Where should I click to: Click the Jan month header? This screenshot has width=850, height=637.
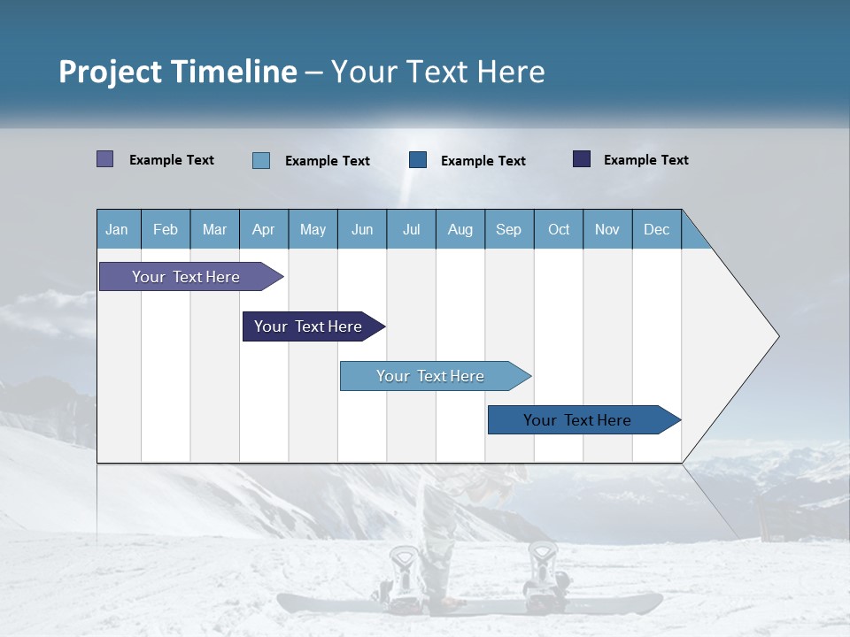point(117,229)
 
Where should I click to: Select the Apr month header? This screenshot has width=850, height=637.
point(263,229)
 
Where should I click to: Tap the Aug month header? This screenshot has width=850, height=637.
point(460,229)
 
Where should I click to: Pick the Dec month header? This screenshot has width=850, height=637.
point(656,229)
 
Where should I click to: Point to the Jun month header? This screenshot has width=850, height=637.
point(361,229)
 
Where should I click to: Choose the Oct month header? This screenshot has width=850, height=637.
point(558,229)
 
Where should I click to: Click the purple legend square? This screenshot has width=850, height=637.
point(104,159)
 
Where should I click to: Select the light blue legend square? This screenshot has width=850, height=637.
point(260,160)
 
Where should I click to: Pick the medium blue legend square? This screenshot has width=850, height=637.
point(418,160)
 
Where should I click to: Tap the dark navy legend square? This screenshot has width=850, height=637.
point(582,159)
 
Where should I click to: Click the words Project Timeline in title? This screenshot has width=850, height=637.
point(177,72)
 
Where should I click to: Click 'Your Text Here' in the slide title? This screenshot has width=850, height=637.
point(437,72)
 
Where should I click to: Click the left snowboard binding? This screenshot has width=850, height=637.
point(404,571)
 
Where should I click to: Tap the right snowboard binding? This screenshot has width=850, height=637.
point(542,566)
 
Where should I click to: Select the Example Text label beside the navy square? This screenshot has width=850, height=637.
point(645,159)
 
